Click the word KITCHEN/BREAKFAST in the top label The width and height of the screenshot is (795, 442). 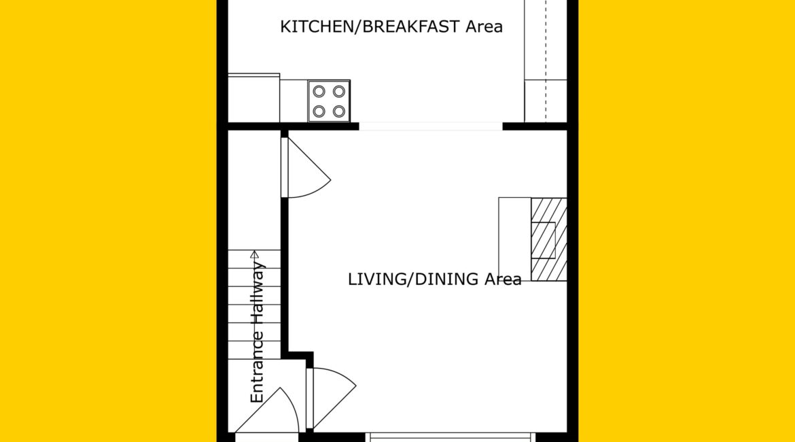click(370, 27)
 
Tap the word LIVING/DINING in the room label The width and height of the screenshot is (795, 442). click(413, 279)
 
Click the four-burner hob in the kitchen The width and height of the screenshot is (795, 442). click(329, 101)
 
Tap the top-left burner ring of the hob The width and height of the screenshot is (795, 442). click(319, 91)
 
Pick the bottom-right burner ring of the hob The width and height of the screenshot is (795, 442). click(338, 111)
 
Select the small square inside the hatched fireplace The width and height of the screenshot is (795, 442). click(543, 240)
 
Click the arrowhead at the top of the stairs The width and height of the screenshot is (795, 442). click(255, 254)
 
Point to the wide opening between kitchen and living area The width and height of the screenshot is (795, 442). click(431, 126)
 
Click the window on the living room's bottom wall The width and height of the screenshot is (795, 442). click(450, 437)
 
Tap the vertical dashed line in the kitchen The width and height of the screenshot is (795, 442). click(546, 61)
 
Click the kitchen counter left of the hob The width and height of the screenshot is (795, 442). click(253, 98)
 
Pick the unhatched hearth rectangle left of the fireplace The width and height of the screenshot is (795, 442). click(514, 239)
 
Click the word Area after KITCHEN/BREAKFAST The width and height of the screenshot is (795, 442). click(484, 27)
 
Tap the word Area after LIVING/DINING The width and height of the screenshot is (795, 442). click(502, 279)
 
